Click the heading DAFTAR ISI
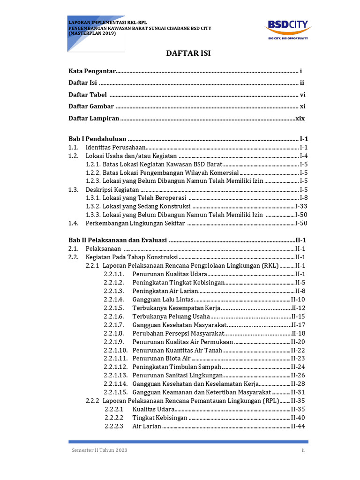[x=189, y=53]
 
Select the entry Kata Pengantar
[x=92, y=71]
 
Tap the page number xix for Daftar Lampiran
[x=300, y=119]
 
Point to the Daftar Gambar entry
[x=91, y=106]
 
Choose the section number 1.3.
[x=73, y=190]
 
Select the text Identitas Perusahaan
[x=115, y=148]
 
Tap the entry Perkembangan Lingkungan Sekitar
[x=135, y=224]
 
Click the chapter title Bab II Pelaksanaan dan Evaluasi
[x=118, y=240]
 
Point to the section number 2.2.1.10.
[x=116, y=350]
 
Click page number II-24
[x=298, y=367]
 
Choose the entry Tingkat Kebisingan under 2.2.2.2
[x=159, y=418]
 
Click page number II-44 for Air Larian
[x=298, y=427]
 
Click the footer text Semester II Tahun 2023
[x=99, y=450]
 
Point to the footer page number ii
[x=303, y=450]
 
